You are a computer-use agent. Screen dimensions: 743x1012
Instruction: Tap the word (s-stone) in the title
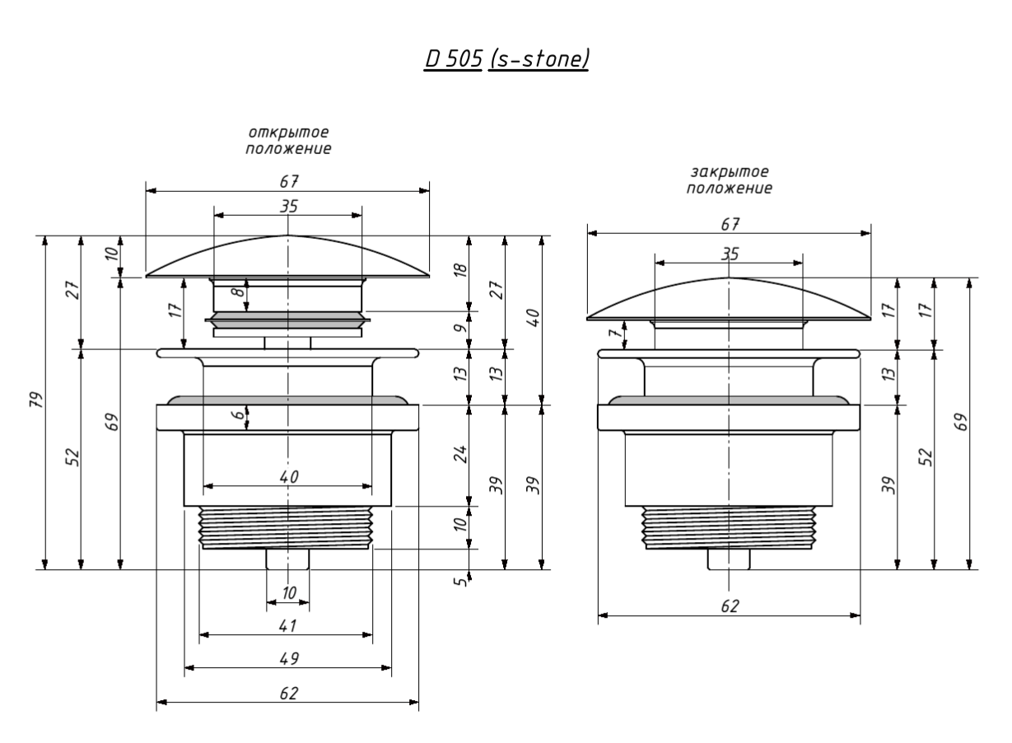pyautogui.click(x=539, y=59)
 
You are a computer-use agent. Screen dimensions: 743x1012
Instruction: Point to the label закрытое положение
pyautogui.click(x=730, y=180)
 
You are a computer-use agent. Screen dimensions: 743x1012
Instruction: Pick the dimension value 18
pyautogui.click(x=460, y=270)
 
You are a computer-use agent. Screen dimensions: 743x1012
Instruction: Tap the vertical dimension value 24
pyautogui.click(x=460, y=454)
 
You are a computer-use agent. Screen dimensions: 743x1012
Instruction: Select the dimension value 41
pyautogui.click(x=287, y=625)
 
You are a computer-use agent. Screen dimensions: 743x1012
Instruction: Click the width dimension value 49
pyautogui.click(x=287, y=658)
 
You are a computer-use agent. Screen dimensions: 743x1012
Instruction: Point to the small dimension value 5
pyautogui.click(x=461, y=581)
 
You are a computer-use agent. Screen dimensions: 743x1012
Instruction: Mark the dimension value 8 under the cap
pyautogui.click(x=236, y=293)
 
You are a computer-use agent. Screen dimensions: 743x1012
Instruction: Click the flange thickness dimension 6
pyautogui.click(x=238, y=417)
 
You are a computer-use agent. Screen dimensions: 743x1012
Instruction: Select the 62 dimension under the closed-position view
pyautogui.click(x=730, y=605)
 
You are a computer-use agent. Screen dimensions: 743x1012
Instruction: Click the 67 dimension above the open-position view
pyautogui.click(x=287, y=180)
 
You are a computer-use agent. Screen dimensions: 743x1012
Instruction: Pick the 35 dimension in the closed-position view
pyautogui.click(x=730, y=255)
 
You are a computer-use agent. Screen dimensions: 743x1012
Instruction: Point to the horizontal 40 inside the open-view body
pyautogui.click(x=287, y=477)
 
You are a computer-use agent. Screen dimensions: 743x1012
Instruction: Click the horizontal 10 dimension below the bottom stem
pyautogui.click(x=288, y=592)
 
